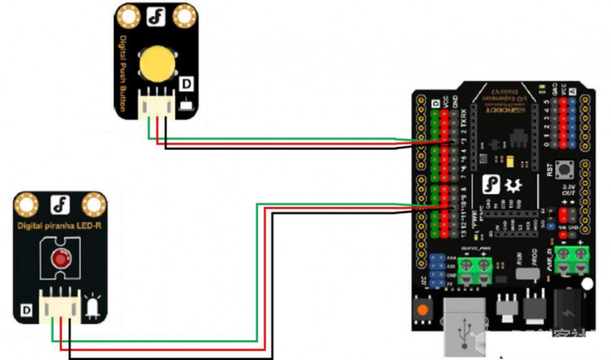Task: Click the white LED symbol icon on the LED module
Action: [x=91, y=307]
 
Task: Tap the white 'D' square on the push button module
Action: [x=185, y=84]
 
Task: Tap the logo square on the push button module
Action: [x=155, y=15]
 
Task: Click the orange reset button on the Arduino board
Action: [x=423, y=310]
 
